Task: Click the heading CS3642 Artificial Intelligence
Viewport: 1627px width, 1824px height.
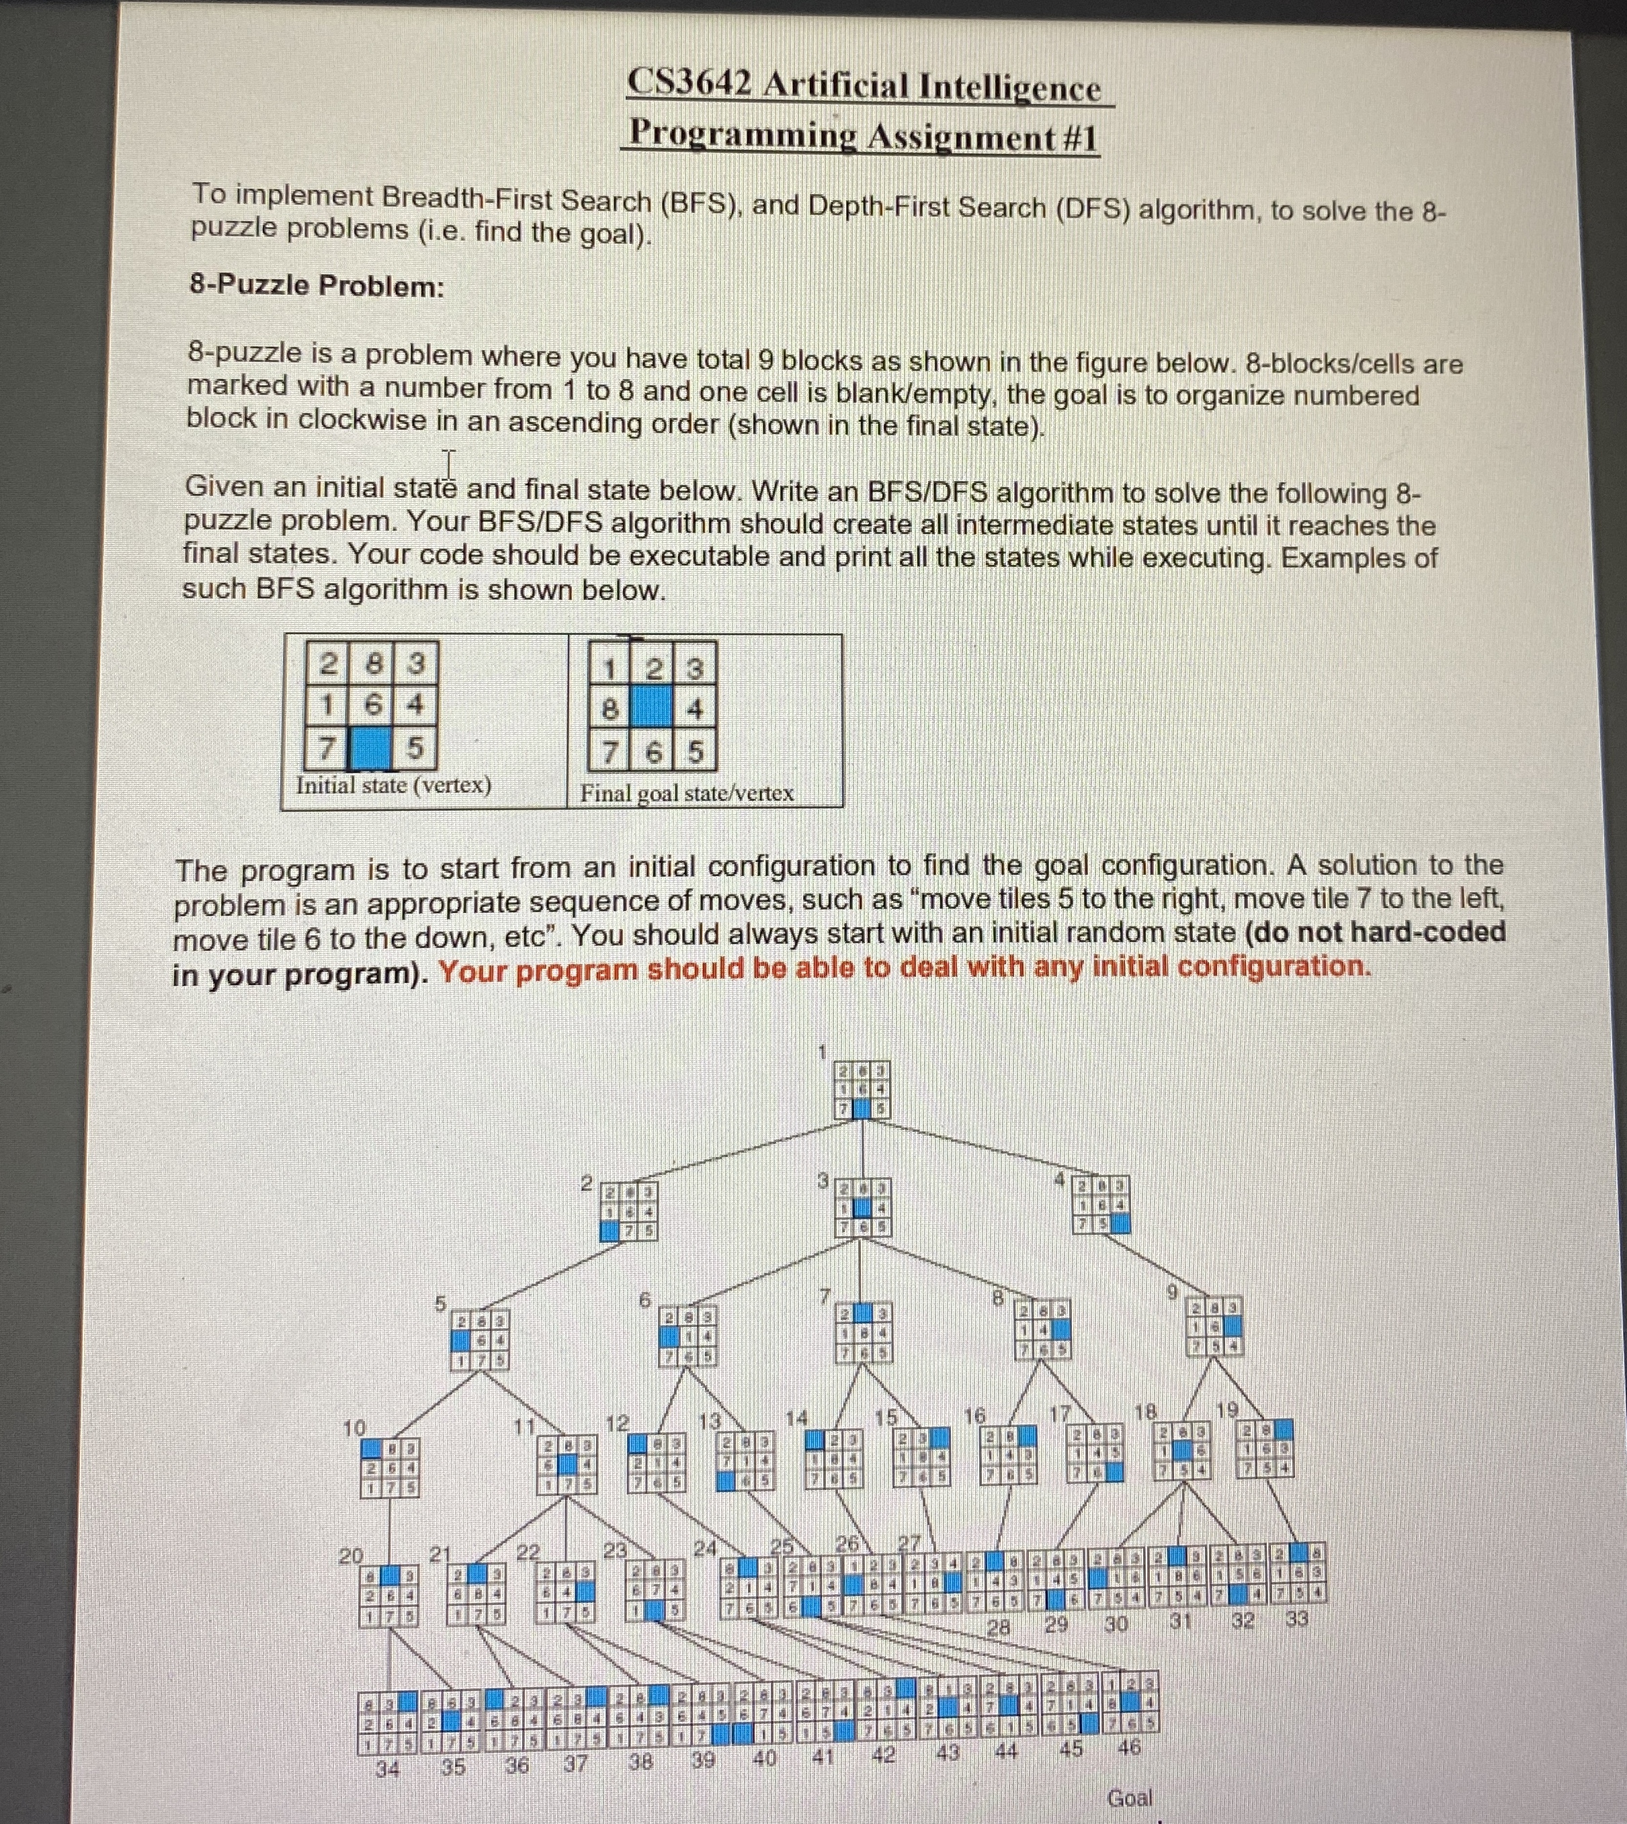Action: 864,86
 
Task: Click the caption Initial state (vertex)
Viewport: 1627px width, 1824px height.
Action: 393,785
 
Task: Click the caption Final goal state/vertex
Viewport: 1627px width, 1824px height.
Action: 687,793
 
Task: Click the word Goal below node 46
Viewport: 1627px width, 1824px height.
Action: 1129,1797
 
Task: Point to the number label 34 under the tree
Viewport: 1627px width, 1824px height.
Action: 387,1768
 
